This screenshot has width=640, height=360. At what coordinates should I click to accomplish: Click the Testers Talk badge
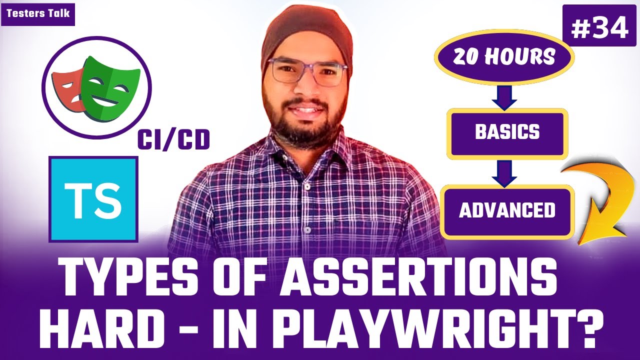[x=38, y=14]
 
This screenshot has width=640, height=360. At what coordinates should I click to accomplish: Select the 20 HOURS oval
[x=504, y=56]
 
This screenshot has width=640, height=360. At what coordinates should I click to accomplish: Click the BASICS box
[x=507, y=133]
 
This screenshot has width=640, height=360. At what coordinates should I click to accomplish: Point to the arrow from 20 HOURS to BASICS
[x=504, y=97]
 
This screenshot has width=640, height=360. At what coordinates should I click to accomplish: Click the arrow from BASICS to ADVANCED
[x=504, y=173]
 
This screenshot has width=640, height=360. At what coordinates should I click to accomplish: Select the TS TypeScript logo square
[x=93, y=199]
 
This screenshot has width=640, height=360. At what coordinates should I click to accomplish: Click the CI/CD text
[x=173, y=139]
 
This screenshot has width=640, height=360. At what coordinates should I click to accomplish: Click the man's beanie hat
[x=307, y=34]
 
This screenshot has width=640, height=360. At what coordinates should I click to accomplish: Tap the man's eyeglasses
[x=307, y=72]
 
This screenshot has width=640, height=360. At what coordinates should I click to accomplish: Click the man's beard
[x=307, y=125]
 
